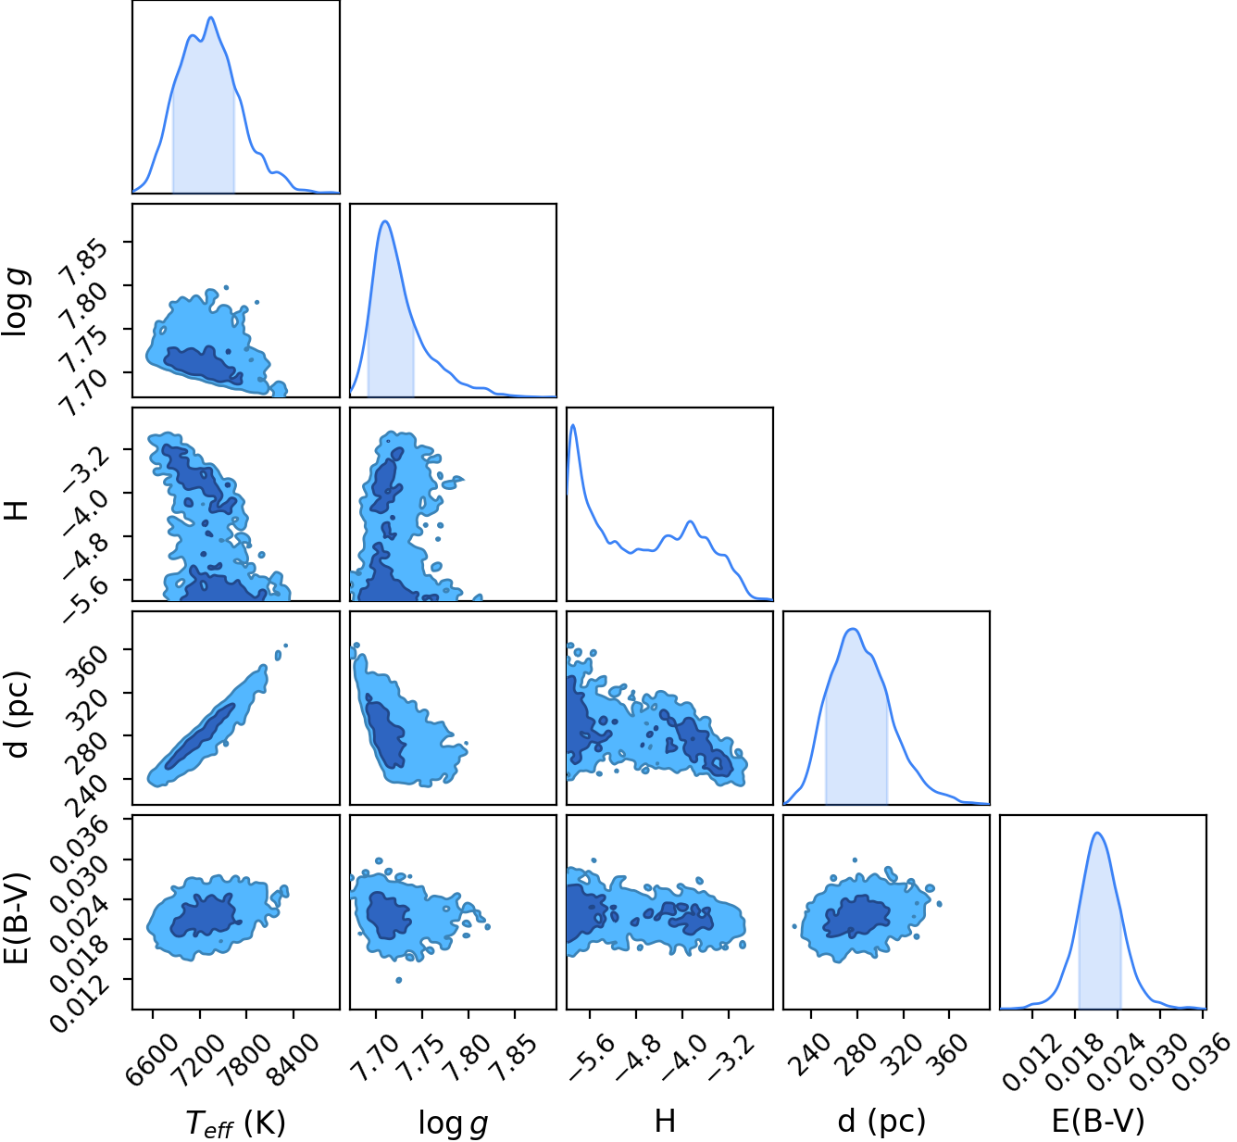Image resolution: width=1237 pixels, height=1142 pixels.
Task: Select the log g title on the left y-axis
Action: (15, 302)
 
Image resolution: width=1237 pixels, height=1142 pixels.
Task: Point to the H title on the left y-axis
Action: (16, 510)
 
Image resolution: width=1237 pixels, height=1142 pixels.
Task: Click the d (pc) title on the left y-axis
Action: (16, 714)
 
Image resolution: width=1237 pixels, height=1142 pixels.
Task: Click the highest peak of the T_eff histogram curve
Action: (211, 18)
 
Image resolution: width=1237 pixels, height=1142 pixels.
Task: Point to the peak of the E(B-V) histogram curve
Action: (1097, 833)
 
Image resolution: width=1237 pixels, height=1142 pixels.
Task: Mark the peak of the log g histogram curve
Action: (385, 221)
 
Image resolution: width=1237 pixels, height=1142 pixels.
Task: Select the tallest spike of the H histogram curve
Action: (573, 425)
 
